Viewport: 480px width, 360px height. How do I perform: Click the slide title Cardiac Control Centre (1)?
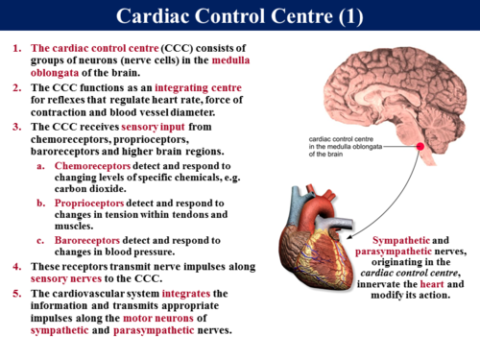[239, 16]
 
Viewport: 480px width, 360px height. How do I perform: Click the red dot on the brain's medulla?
[420, 147]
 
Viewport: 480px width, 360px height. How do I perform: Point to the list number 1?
[16, 48]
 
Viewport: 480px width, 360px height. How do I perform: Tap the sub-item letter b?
[41, 204]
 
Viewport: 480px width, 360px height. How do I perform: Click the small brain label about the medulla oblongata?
[351, 145]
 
